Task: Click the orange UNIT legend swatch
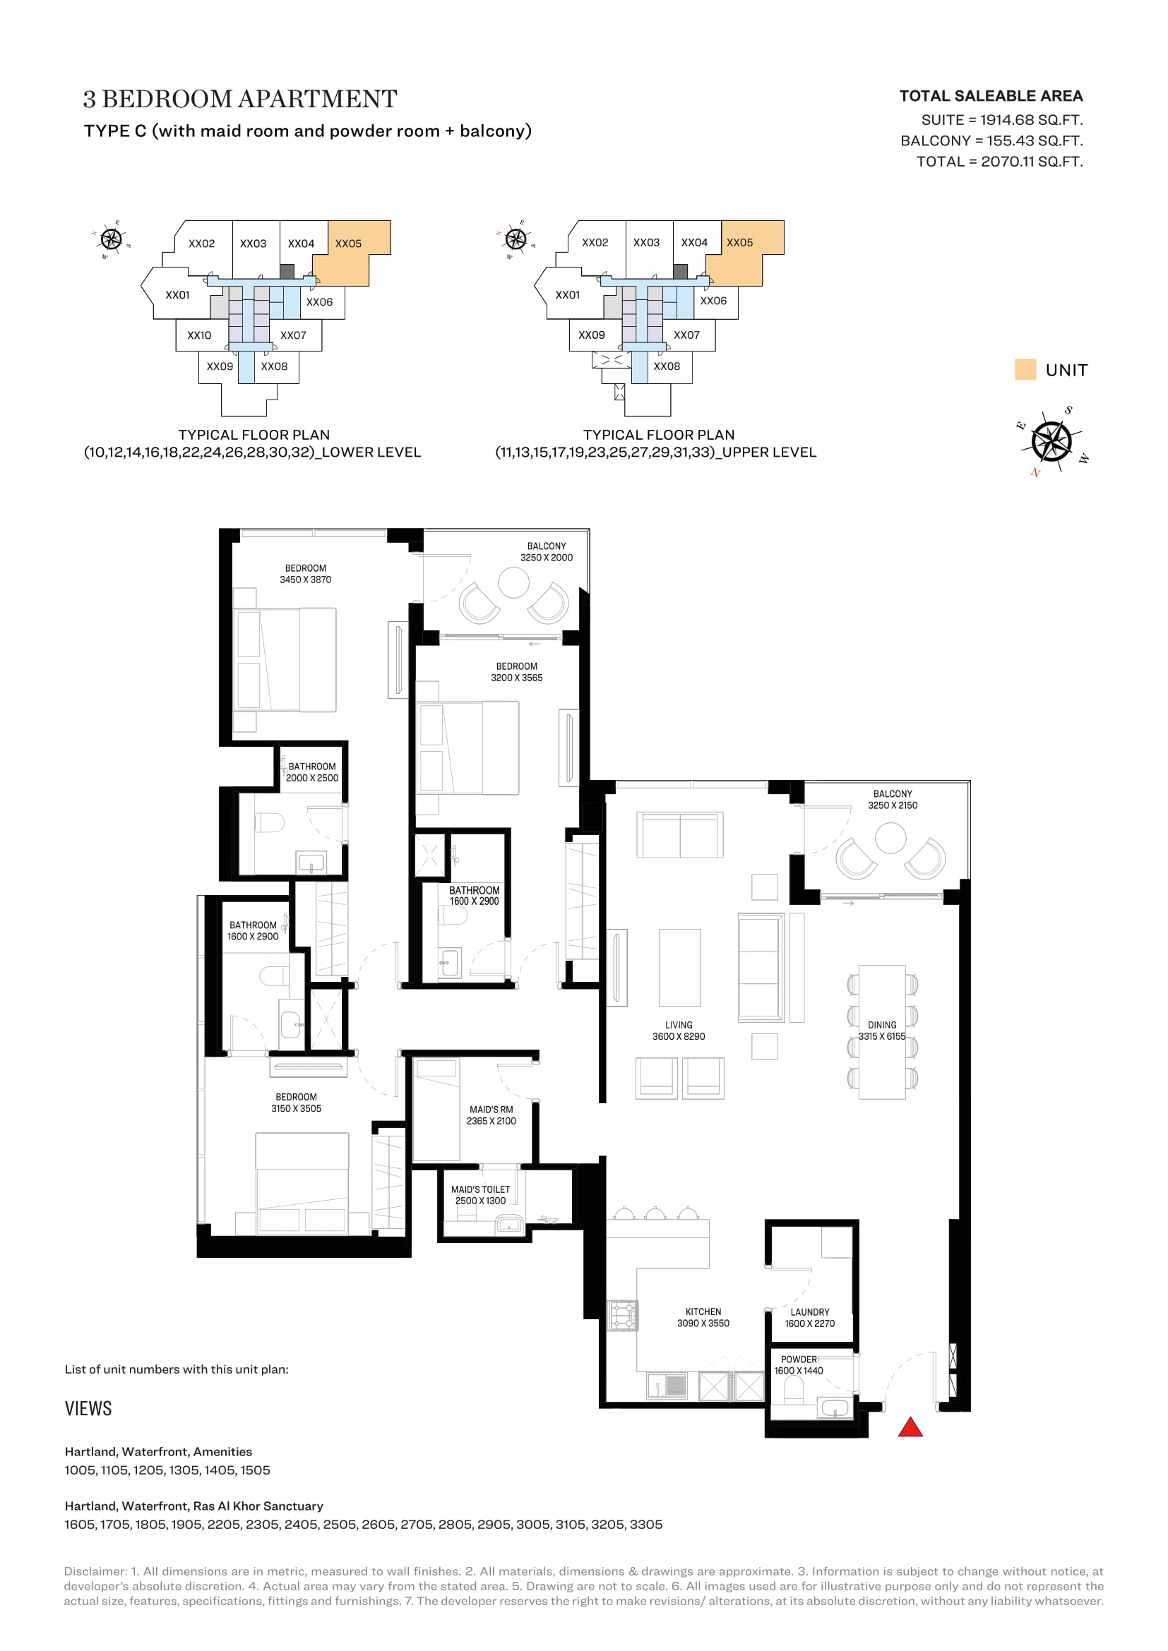1025,369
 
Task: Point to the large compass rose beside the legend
1051,440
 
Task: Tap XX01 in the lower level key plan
178,295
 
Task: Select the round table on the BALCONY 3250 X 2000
513,582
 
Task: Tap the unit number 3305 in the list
646,1525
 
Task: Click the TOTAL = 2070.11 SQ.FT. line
999,162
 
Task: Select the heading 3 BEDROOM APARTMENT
240,99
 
